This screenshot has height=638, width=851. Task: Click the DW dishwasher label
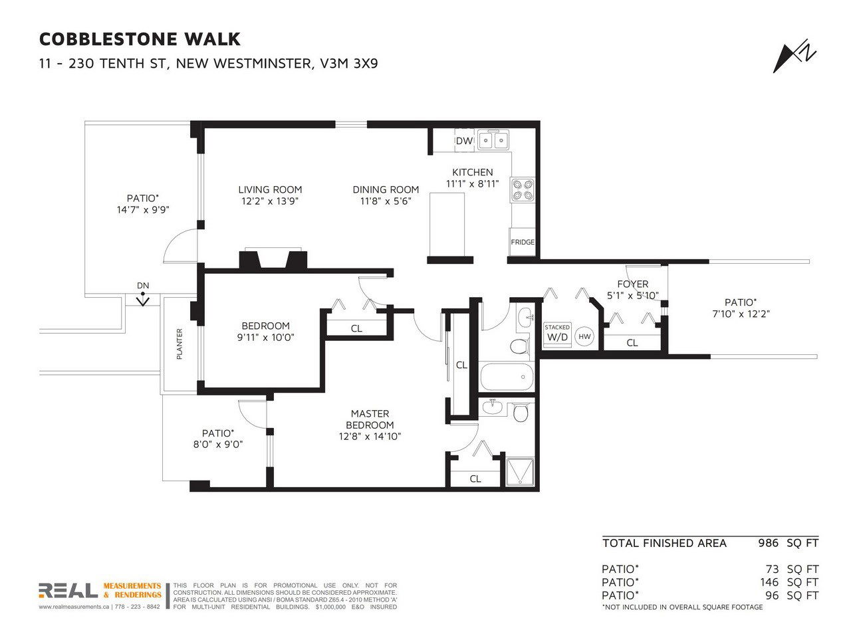463,141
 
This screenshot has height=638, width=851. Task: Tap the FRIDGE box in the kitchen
522,242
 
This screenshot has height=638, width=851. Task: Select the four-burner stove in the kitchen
522,189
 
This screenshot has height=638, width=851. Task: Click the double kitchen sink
493,139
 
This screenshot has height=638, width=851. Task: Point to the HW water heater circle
584,337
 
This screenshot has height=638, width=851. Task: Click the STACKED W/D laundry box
557,334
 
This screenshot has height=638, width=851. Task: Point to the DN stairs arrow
143,299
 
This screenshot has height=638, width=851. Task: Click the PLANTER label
179,344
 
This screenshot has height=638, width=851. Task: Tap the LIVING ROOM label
270,189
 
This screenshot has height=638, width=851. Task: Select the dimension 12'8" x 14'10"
370,437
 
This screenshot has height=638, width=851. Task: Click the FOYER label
633,284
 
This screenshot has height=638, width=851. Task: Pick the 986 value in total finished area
768,543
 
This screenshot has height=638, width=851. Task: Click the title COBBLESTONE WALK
140,39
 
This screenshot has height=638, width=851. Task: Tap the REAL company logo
68,590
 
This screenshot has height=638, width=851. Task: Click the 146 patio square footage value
769,582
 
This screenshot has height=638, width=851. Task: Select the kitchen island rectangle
447,224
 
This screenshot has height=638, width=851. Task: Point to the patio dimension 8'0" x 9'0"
218,445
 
